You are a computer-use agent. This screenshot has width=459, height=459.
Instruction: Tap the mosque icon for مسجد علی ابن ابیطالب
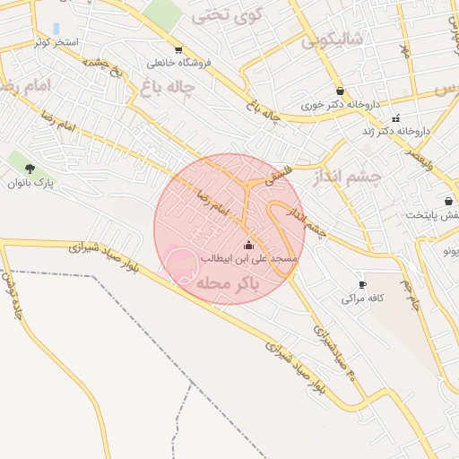(248, 245)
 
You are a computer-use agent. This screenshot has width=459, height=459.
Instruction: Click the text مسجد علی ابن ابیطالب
(247, 258)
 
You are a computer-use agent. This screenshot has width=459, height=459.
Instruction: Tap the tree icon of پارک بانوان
(30, 169)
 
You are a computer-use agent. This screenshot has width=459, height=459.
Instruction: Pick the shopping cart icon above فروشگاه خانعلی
(178, 49)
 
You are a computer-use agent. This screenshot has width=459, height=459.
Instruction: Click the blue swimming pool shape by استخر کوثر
(56, 29)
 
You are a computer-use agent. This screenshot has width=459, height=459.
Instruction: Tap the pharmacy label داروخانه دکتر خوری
(340, 104)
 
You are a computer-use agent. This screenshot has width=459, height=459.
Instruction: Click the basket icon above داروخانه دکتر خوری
(339, 91)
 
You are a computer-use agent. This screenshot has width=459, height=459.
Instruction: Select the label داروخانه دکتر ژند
(395, 131)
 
